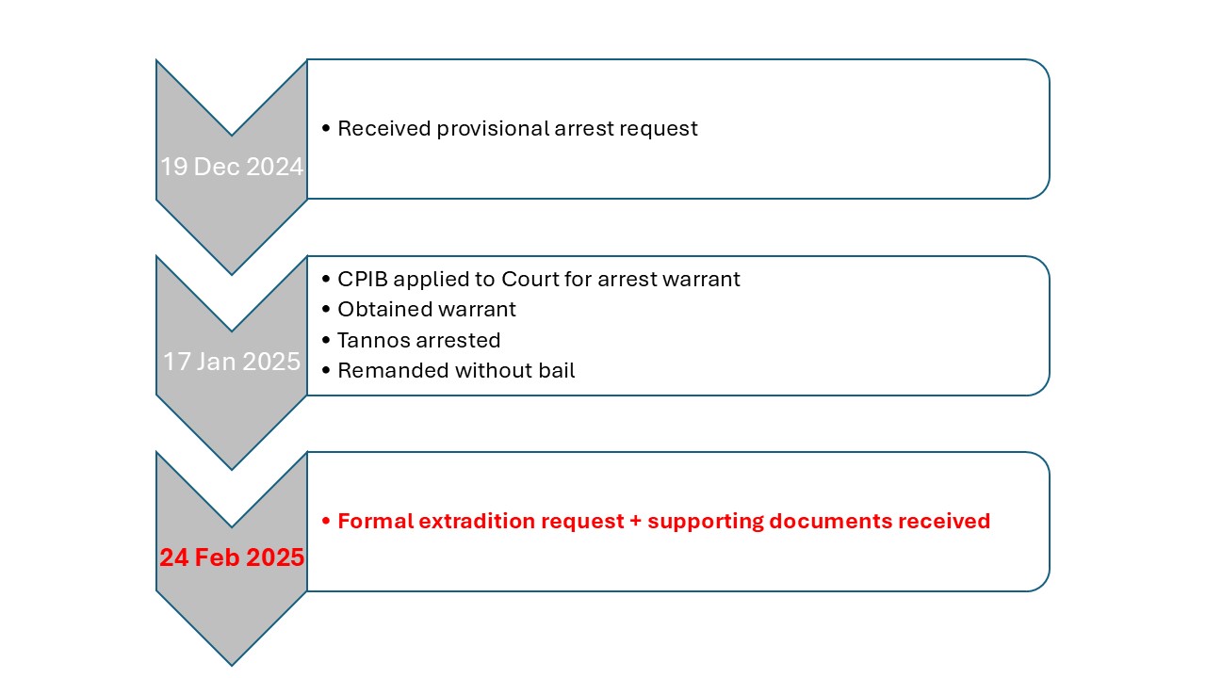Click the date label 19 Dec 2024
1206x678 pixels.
(x=232, y=167)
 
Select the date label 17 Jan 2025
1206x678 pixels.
(x=232, y=362)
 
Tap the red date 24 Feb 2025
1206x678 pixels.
(x=232, y=557)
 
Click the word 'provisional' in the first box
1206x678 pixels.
(x=493, y=129)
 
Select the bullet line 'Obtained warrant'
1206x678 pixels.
(x=419, y=310)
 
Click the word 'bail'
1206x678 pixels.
(x=559, y=371)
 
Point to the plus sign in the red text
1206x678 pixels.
(x=636, y=521)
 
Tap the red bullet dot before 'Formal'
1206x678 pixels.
(x=326, y=521)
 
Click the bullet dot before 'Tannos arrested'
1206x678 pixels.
(x=326, y=340)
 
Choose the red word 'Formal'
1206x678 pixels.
(x=376, y=521)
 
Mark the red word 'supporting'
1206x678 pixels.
(x=706, y=522)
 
